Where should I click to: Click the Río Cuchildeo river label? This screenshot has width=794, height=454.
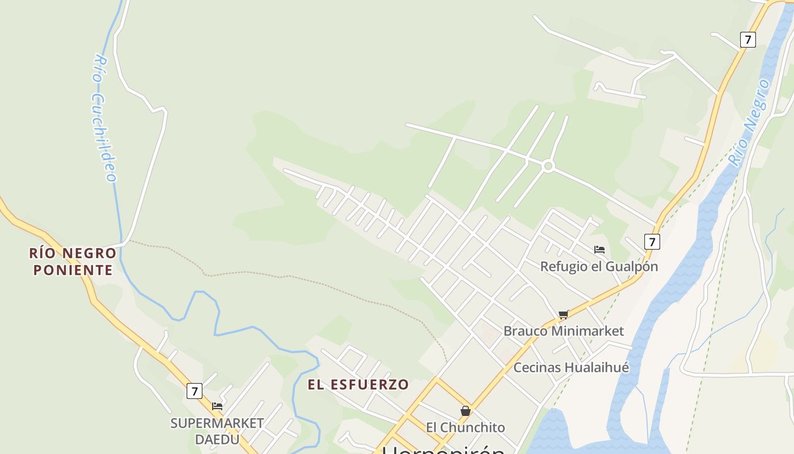point(104,118)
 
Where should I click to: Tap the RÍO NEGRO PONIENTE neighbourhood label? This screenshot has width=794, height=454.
point(73,261)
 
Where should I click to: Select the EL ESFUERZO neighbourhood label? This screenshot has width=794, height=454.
point(358,384)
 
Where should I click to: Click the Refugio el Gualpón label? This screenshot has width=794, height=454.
point(599,266)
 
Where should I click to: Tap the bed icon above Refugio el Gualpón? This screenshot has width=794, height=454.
point(599,249)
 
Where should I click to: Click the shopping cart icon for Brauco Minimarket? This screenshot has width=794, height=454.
point(563,314)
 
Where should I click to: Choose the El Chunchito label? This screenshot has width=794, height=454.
point(465,427)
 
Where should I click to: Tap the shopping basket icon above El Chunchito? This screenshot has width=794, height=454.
point(466,410)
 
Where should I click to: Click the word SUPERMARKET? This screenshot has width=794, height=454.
point(217,423)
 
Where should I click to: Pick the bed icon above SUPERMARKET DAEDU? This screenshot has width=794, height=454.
point(217,406)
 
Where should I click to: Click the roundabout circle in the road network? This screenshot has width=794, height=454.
point(548,166)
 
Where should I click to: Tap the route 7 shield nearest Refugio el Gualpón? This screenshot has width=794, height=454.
point(652,242)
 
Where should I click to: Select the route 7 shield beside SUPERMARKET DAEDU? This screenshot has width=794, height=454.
point(195,390)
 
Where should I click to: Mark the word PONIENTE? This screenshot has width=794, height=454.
point(73,270)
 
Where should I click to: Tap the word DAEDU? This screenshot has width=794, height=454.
point(217,439)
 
